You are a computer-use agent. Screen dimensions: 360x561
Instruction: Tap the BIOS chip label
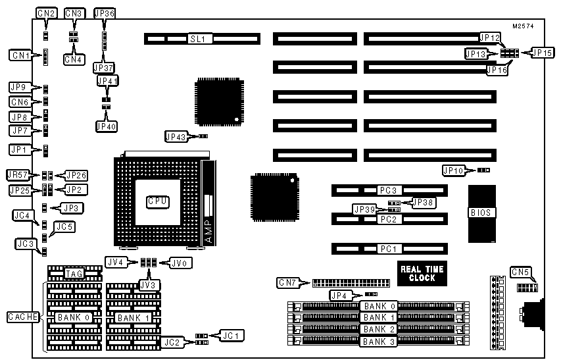click(x=483, y=213)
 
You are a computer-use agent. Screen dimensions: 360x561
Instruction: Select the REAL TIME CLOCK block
click(x=422, y=273)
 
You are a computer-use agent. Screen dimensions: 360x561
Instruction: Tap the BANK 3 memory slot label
click(x=379, y=340)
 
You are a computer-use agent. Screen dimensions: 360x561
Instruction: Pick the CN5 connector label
click(x=521, y=271)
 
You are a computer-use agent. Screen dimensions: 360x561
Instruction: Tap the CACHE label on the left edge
click(x=22, y=317)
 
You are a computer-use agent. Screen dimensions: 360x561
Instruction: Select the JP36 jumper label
click(x=104, y=13)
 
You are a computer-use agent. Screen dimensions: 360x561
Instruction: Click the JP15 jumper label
click(x=542, y=53)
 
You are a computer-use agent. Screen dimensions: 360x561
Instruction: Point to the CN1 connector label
click(x=20, y=55)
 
